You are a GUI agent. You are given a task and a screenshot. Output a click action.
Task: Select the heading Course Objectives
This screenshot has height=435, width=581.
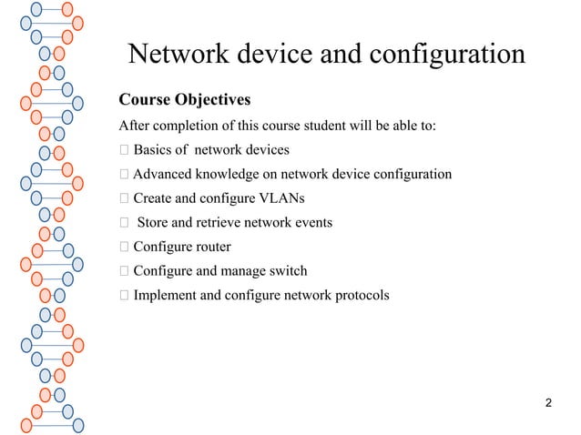click(185, 98)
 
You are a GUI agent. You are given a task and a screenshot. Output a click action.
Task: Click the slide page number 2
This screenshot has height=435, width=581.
click(547, 402)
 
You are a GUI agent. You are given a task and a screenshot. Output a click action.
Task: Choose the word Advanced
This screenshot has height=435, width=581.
click(166, 174)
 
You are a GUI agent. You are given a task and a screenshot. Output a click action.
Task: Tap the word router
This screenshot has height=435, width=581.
click(211, 247)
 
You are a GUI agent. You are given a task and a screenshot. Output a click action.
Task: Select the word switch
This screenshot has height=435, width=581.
click(286, 270)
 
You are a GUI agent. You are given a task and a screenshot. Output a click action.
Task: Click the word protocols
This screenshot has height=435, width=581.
click(361, 295)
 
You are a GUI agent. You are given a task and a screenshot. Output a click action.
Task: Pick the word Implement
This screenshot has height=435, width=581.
click(166, 295)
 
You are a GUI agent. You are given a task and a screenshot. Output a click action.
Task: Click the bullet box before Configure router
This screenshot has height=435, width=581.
click(124, 247)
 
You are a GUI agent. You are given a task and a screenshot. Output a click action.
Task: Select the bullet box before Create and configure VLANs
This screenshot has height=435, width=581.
click(124, 198)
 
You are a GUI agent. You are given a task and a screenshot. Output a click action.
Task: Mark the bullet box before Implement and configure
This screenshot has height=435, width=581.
click(124, 295)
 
